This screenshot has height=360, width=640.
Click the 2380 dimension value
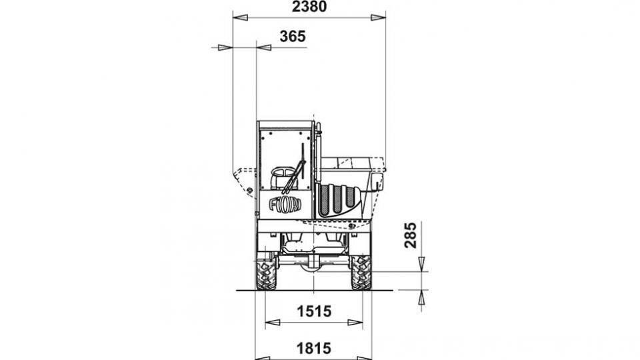pos(309,7)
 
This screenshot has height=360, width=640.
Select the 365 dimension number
pos(293,37)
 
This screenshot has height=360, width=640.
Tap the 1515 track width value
pos(314,311)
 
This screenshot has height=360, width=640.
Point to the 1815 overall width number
pos(313,349)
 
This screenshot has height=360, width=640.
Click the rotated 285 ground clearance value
pos(411,235)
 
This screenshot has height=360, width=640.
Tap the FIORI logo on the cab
pos(285,204)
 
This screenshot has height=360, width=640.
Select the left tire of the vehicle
pos(266,272)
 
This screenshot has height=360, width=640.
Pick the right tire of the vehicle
pos(361,272)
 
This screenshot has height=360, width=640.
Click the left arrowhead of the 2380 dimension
pos(240,17)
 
